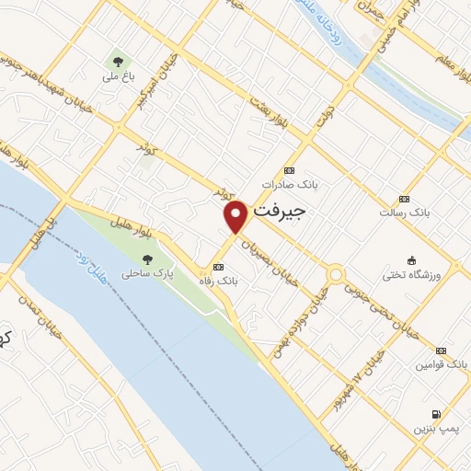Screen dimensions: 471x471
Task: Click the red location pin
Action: [x=236, y=216]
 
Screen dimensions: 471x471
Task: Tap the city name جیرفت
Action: [x=277, y=211]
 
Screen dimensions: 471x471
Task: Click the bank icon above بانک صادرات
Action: [x=289, y=170]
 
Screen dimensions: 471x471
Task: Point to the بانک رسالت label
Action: [x=405, y=213]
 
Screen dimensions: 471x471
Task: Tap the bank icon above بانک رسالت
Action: [x=404, y=199]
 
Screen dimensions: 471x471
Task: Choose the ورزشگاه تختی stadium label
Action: [x=412, y=275]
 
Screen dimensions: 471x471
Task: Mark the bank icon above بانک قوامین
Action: [x=441, y=351]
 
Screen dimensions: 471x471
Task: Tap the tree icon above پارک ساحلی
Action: [x=147, y=259]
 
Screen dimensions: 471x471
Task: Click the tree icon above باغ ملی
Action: [x=117, y=63]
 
